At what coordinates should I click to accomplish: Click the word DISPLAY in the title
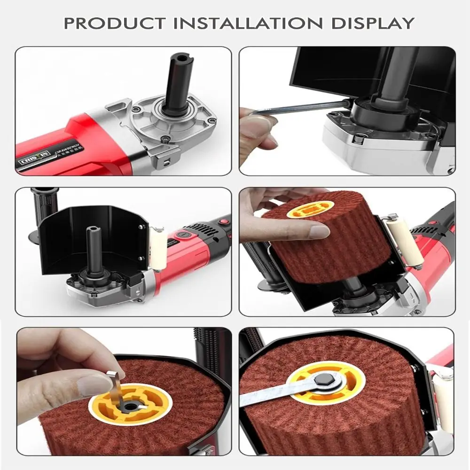pos(373,23)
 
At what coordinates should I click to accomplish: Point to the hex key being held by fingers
pos(301,107)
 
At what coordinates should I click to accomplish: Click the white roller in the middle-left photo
pos(158,249)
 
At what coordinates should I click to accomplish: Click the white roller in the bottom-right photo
pos(444,399)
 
